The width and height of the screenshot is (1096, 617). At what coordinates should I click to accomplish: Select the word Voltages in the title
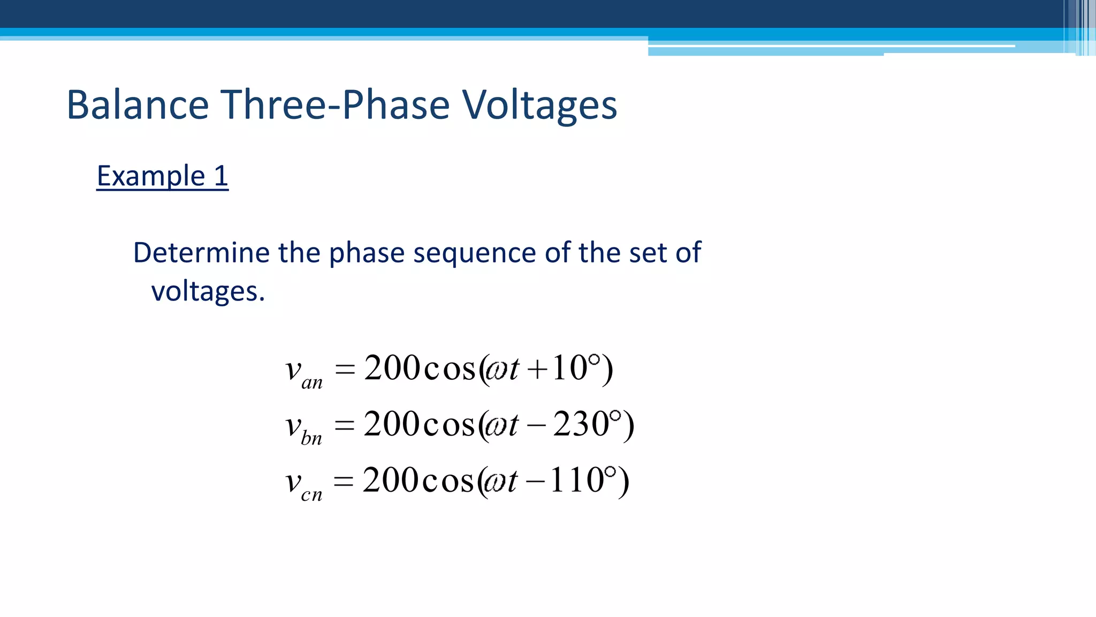click(539, 104)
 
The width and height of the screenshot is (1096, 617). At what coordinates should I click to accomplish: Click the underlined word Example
click(151, 176)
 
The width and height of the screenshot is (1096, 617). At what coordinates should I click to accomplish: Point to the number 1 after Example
click(220, 176)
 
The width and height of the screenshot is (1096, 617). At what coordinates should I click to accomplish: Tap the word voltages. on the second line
click(208, 291)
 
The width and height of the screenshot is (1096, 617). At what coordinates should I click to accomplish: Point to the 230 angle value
click(581, 424)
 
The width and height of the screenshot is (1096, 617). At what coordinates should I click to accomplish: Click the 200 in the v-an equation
click(392, 368)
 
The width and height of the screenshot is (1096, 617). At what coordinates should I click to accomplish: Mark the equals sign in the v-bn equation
click(345, 426)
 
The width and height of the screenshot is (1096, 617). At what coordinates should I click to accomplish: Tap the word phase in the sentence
click(367, 253)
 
